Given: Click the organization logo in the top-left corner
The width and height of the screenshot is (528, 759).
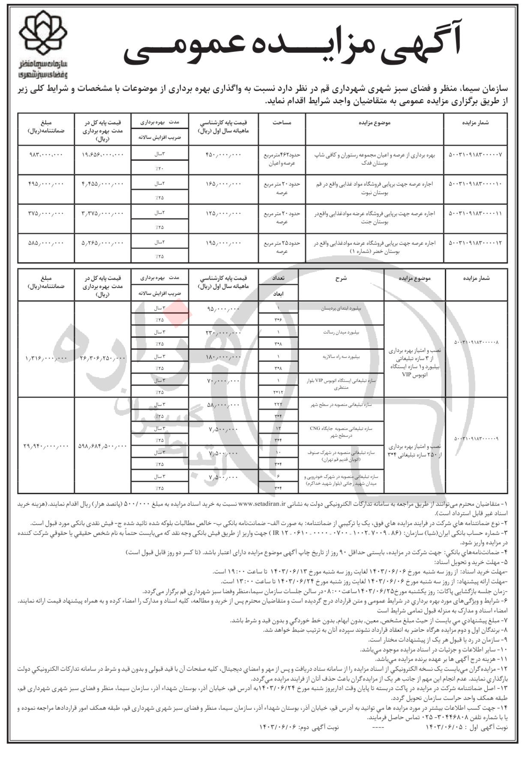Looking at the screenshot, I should [44, 46].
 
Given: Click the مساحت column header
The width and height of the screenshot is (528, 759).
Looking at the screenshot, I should [282, 123].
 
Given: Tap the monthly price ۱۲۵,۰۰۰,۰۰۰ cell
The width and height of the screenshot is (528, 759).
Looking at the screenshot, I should [224, 213].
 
